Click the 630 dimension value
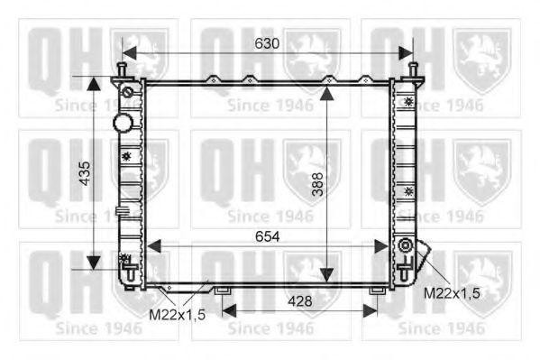click(x=266, y=43)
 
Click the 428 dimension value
click(x=300, y=300)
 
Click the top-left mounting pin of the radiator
click(x=121, y=70)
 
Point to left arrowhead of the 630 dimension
click(x=126, y=52)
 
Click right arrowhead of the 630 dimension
click(x=408, y=52)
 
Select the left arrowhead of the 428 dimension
click(x=226, y=309)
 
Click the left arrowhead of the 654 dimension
click(x=151, y=245)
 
